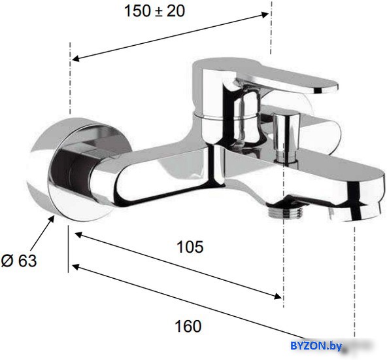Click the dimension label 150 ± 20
point(154,11)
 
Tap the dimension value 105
point(190,247)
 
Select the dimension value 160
point(188,326)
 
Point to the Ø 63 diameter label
point(19,261)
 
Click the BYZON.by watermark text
point(316,346)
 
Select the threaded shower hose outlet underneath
point(285,211)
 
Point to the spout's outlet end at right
point(357,200)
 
